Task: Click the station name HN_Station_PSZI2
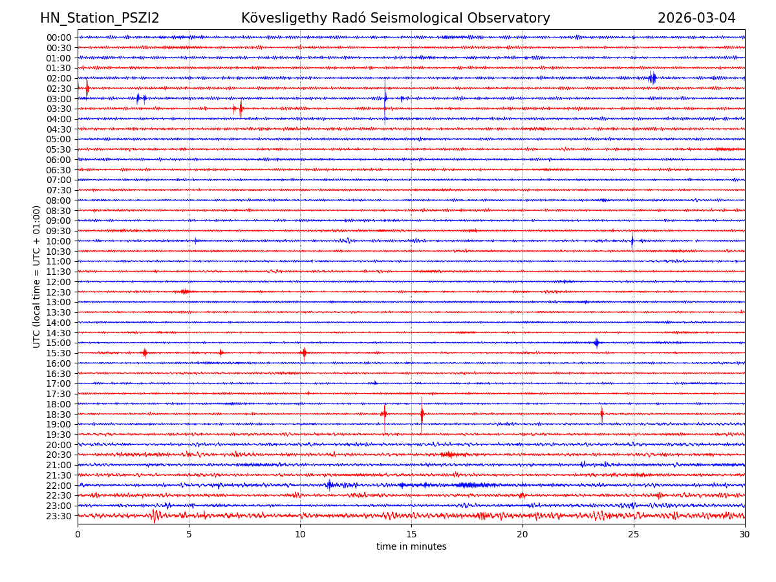(100, 18)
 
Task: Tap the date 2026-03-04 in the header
(696, 18)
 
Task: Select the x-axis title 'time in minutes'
(411, 546)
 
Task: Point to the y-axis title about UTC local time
(37, 276)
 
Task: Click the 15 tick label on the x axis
(411, 535)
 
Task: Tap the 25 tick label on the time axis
(634, 535)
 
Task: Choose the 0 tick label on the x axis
(78, 535)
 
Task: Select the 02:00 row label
(59, 78)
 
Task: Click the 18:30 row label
(59, 414)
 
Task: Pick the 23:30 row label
(59, 516)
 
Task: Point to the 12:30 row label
(59, 292)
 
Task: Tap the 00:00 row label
(59, 38)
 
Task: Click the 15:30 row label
(59, 353)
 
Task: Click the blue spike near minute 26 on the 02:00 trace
(652, 78)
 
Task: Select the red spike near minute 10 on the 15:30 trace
(304, 353)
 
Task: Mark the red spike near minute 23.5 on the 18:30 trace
(601, 414)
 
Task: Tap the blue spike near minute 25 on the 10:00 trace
(632, 241)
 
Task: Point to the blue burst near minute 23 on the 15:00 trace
(596, 343)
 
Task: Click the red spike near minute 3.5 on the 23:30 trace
(154, 515)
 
